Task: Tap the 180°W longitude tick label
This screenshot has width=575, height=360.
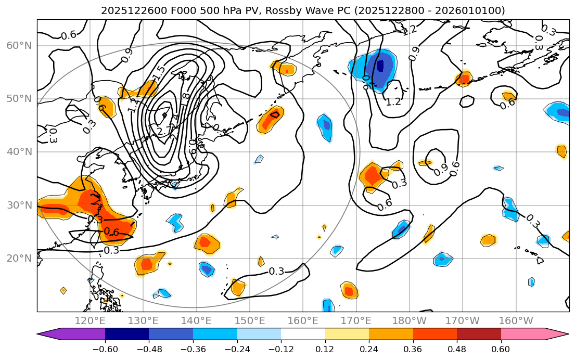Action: point(409,320)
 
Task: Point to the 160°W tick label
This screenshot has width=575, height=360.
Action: point(516,320)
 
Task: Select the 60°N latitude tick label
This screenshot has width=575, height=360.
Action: point(19,46)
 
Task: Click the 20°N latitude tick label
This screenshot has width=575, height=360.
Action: point(19,259)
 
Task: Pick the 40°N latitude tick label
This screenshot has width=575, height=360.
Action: point(19,152)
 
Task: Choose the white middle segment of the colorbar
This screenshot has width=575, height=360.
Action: point(303,333)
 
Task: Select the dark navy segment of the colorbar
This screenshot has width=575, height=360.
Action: point(127,333)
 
